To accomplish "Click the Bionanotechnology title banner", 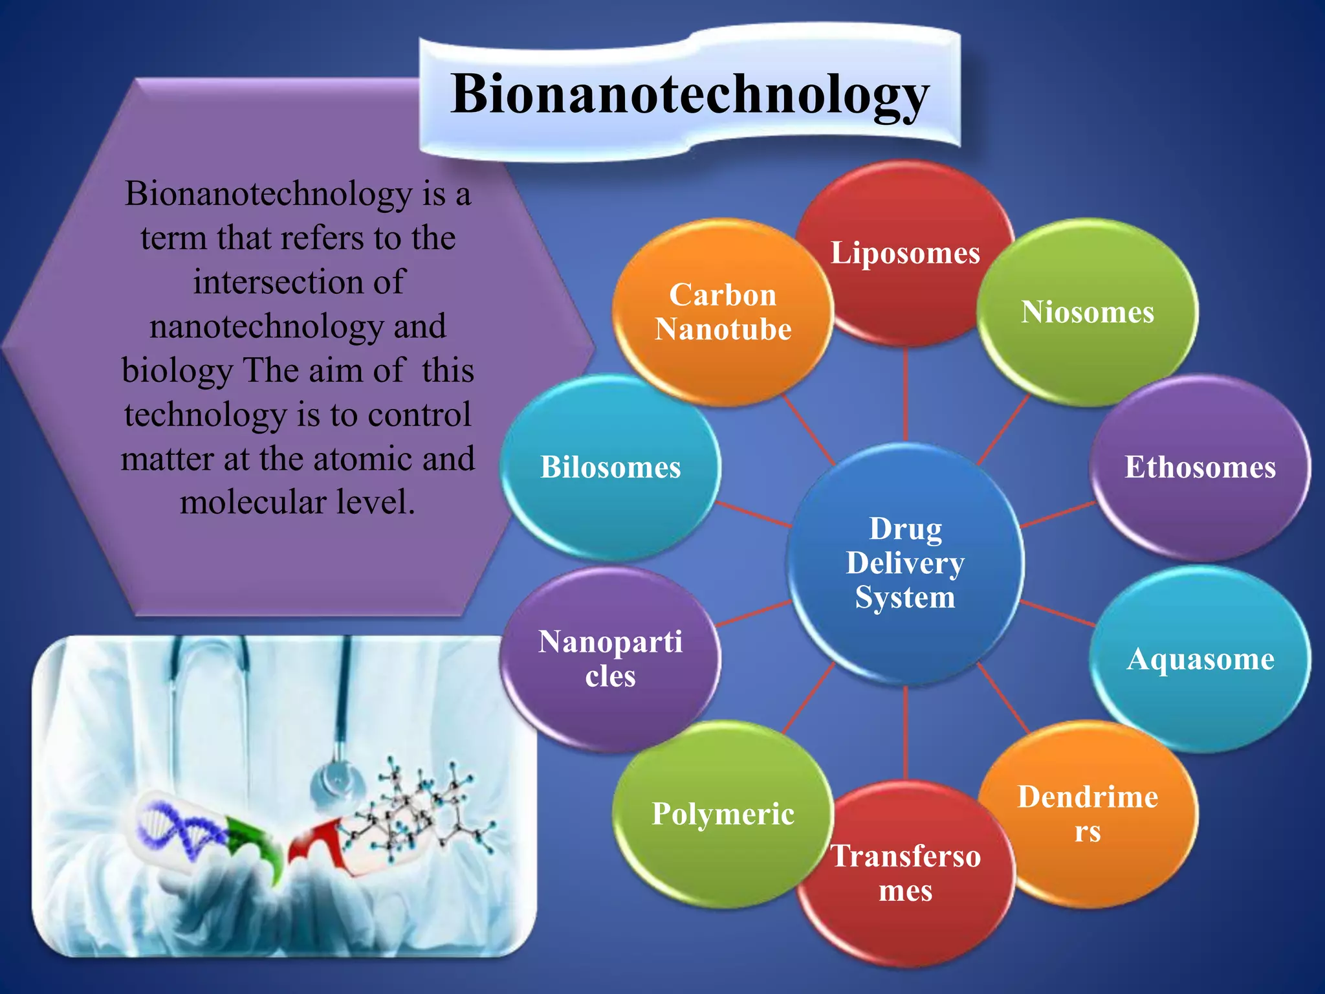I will (x=690, y=94).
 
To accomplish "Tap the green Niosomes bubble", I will (x=1088, y=312).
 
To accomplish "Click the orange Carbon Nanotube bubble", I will (x=723, y=312).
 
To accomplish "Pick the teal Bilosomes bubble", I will (x=610, y=467).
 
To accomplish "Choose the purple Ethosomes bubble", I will (x=1200, y=467).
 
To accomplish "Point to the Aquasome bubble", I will (x=1200, y=659).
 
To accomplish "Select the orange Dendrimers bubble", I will (x=1088, y=814).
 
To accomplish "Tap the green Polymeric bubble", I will (x=723, y=814).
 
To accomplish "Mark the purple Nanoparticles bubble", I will (x=610, y=659).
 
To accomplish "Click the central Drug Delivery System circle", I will (x=905, y=563).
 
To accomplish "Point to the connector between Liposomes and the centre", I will (x=905, y=395).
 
